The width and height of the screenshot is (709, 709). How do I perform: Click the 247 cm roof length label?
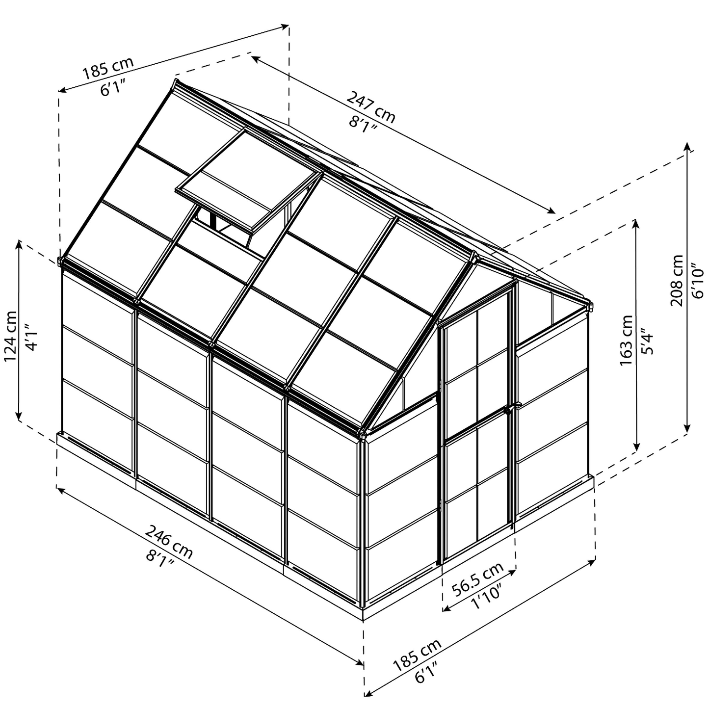[371, 106]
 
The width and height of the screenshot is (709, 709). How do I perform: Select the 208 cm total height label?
[678, 280]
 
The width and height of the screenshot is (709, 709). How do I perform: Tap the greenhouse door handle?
[510, 408]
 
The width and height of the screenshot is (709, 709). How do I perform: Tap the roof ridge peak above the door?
[474, 256]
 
